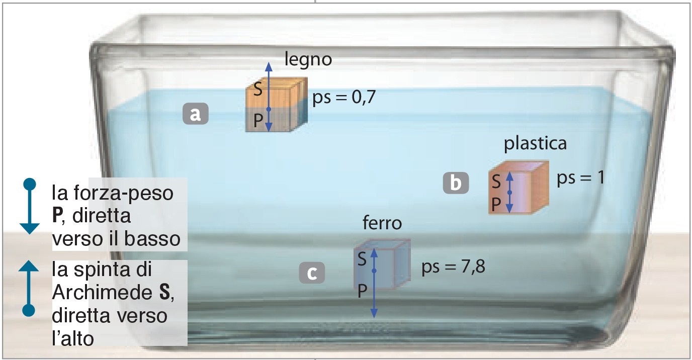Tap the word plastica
point(535,143)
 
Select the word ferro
point(382,223)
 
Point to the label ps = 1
point(580,179)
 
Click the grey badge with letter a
point(195,114)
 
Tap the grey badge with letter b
point(456,183)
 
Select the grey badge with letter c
point(312,274)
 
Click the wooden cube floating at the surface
point(276,107)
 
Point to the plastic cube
point(518,188)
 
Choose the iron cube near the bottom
point(382,264)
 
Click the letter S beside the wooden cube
point(257,90)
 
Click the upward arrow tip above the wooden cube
point(269,65)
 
